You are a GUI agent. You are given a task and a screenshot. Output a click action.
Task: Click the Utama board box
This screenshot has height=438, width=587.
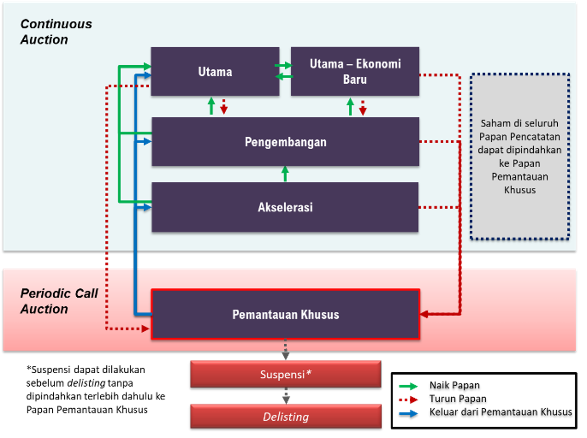pos(215,71)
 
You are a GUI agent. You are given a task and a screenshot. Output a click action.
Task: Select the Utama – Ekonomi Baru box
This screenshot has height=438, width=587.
pos(355,71)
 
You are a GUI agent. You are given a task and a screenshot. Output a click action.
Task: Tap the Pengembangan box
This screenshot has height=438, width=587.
pos(286,142)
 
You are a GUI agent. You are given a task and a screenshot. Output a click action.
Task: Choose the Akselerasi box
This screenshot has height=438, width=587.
pos(285,207)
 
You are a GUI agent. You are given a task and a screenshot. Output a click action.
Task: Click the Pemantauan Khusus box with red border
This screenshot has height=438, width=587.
pos(286,314)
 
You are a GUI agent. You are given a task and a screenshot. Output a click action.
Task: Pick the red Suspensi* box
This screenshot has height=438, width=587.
pos(286,374)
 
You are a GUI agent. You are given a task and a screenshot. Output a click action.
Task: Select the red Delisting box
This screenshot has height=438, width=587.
pos(286,416)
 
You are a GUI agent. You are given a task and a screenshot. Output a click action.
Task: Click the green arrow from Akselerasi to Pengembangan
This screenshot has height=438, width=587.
pos(285,174)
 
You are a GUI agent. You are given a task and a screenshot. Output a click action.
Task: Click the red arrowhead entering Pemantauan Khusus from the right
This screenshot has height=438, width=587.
pos(424,314)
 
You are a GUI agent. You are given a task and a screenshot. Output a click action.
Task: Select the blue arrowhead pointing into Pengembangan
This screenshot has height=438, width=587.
pos(147,142)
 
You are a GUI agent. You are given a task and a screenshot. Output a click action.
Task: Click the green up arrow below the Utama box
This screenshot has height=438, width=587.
pos(211,106)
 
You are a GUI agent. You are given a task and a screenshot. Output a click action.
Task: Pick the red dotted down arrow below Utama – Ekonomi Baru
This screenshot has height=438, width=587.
pos(363,108)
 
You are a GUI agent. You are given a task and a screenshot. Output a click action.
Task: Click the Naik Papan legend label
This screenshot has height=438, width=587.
pos(455,385)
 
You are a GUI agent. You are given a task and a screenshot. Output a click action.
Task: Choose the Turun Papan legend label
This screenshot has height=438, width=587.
pos(458,399)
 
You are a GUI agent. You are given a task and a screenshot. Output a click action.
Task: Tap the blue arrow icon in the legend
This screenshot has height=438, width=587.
pos(408,413)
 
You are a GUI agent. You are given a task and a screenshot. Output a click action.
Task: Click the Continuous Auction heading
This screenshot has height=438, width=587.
pos(56,32)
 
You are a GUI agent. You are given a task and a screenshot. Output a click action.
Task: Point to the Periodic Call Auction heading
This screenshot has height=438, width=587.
pos(59,301)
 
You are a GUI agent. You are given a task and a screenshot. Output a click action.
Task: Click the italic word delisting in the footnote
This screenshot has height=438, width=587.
pos(86,383)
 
